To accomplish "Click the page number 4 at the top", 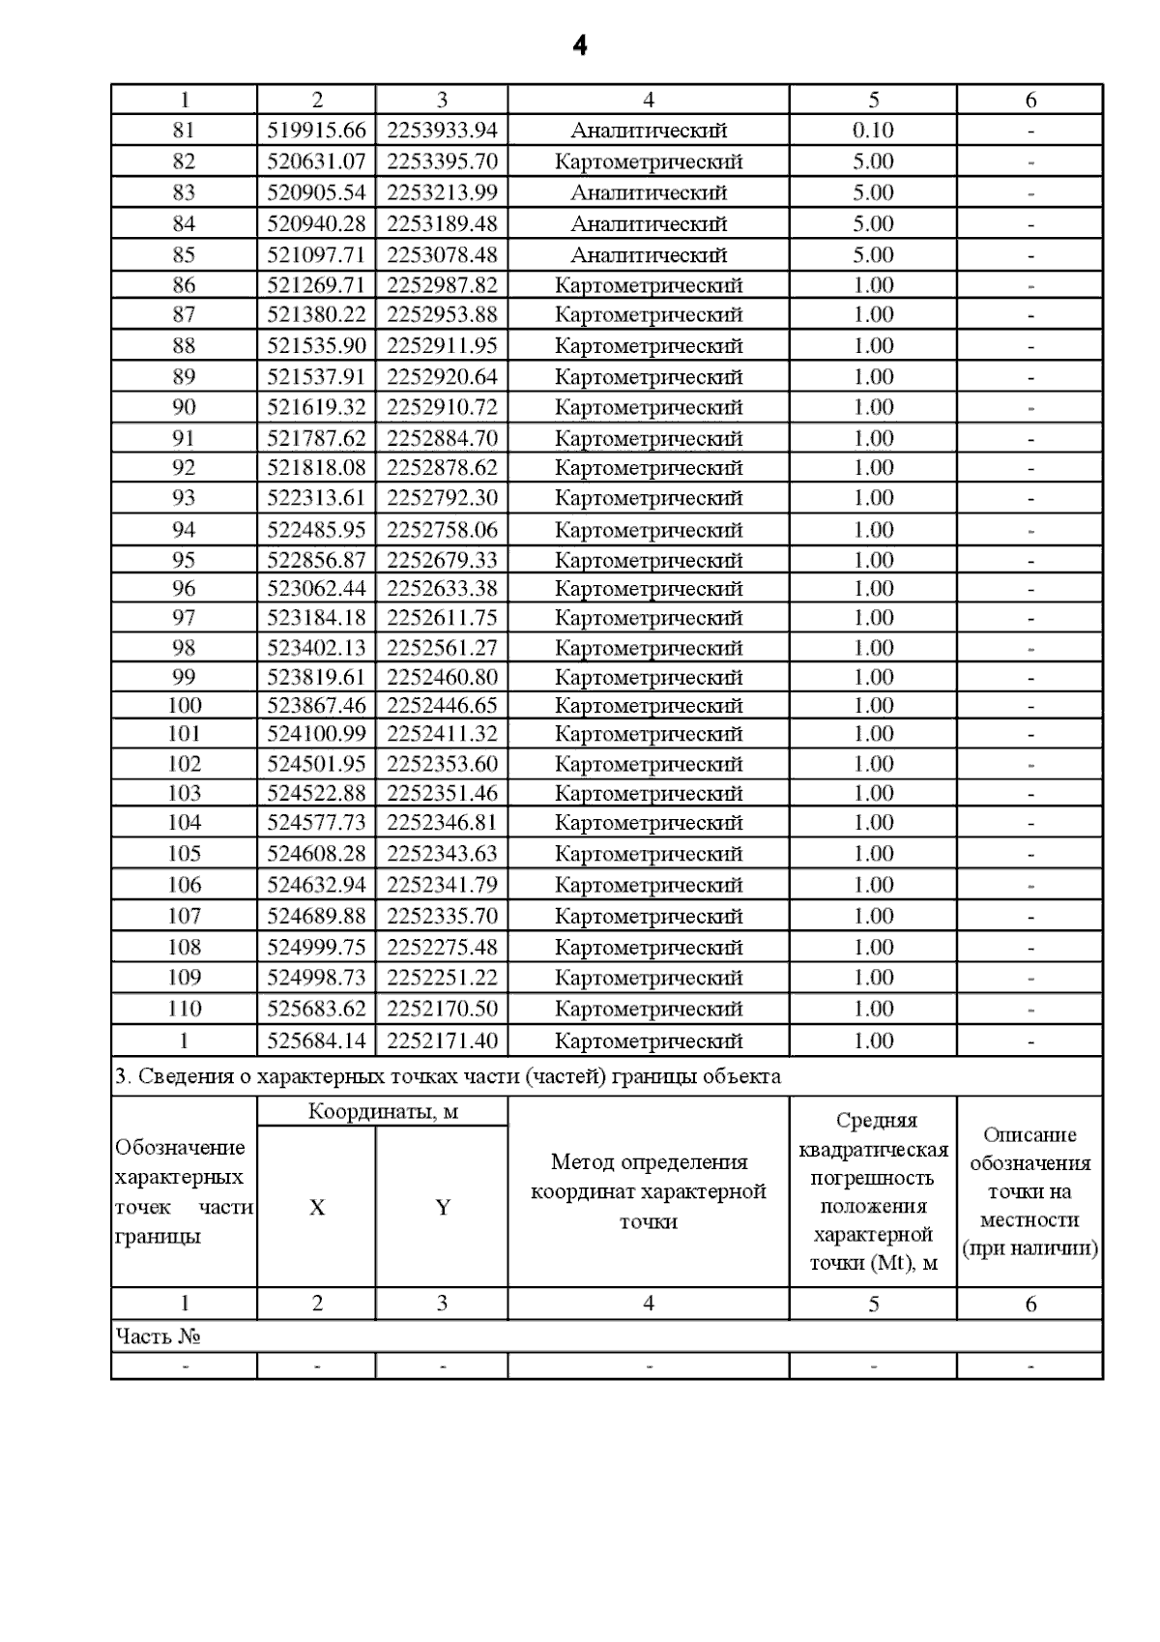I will point(579,45).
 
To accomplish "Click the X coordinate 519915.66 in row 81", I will point(317,131).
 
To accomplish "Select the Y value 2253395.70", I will point(442,161).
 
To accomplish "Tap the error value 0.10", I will point(873,131).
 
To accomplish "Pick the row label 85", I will point(184,255).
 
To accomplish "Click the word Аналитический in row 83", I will point(649,192).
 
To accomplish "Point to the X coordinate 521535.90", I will point(317,346).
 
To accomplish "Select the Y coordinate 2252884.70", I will point(442,439).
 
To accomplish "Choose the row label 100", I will point(184,706).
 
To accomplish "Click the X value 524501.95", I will point(317,764).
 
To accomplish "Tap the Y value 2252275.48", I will point(442,948).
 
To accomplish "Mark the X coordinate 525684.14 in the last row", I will point(317,1041).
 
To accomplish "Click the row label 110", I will point(184,1010).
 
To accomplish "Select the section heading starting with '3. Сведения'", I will point(448,1076).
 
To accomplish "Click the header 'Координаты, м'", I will point(383,1112).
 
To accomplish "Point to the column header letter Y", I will point(442,1208).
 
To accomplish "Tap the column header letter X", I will point(317,1208).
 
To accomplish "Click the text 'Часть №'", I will point(158,1336).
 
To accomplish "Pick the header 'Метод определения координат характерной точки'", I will point(649,1191).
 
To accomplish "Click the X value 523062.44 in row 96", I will point(317,589).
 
